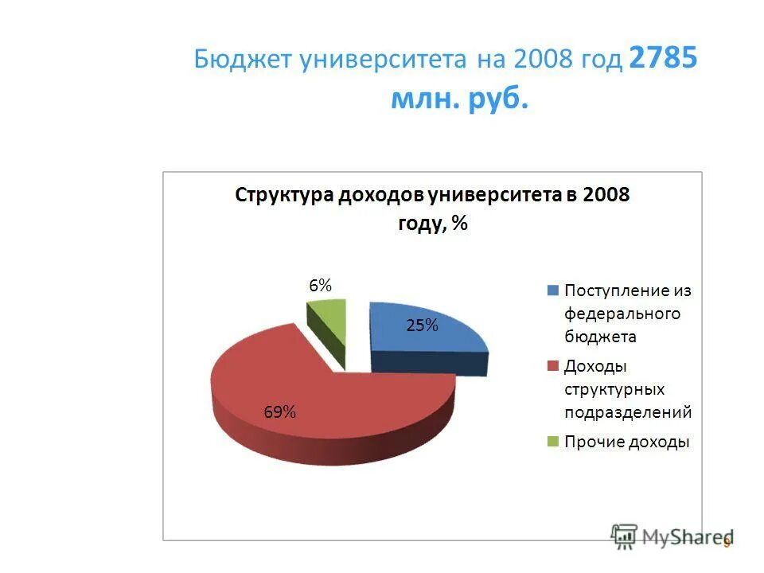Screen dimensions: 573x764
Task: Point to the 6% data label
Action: point(320,286)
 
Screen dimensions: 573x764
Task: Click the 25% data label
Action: point(423,325)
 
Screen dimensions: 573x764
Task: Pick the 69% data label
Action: point(280,411)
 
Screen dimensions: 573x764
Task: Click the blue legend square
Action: point(553,290)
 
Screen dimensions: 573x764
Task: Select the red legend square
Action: point(553,367)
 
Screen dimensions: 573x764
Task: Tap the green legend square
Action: point(553,442)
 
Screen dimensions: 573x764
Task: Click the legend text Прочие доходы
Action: point(627,442)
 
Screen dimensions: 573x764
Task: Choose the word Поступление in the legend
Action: point(610,290)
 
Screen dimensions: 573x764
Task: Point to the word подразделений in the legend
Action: point(628,412)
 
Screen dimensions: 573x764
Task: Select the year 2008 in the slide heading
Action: point(541,60)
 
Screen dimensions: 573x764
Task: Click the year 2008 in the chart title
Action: point(605,196)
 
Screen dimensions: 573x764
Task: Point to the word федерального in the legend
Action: point(622,314)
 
